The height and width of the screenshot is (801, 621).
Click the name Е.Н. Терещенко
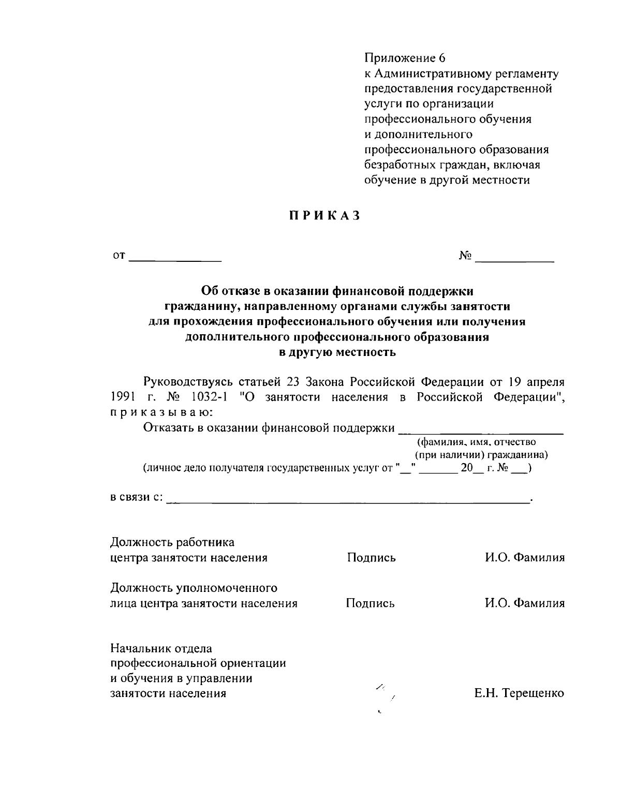coord(519,693)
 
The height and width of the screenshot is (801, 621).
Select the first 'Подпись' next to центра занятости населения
coord(371,558)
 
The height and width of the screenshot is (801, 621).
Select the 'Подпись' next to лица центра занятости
coord(370,603)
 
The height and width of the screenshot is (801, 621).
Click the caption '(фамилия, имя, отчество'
coord(477,442)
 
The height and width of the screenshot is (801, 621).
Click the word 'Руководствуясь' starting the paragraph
coord(188,382)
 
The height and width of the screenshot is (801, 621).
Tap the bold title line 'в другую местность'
coord(337,353)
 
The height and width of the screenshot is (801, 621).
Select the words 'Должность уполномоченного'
coord(194,588)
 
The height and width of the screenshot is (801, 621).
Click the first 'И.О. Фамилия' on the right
coord(524,558)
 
